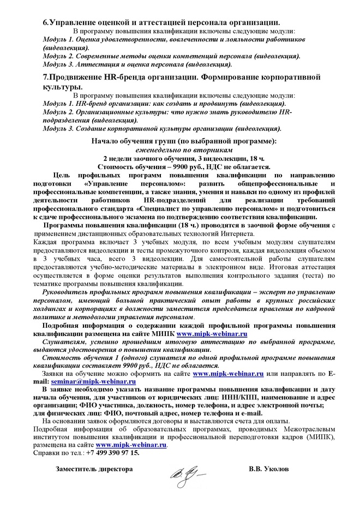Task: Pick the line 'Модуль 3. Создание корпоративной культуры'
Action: click(x=162, y=129)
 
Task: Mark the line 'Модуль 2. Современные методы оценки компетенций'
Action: click(x=171, y=55)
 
